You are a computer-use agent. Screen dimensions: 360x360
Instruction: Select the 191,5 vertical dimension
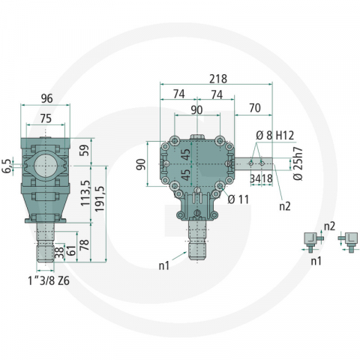100,200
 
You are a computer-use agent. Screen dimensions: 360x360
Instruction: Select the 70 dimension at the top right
254,108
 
